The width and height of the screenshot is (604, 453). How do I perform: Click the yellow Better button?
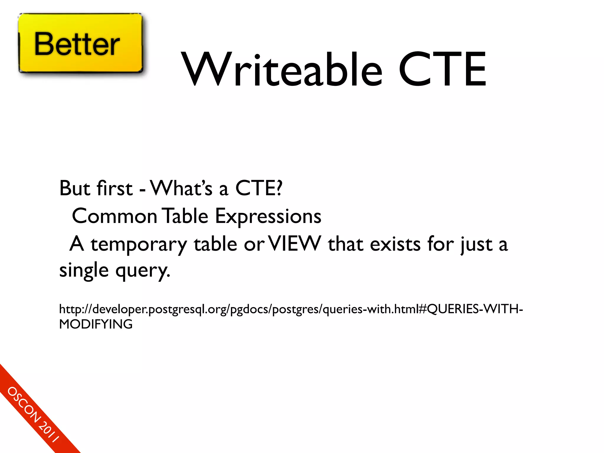click(80, 43)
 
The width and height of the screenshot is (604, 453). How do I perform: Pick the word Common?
click(114, 216)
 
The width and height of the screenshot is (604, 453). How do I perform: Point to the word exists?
click(395, 244)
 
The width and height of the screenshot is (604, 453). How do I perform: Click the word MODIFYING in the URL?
click(96, 324)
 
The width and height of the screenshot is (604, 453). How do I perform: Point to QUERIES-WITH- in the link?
click(475, 309)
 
